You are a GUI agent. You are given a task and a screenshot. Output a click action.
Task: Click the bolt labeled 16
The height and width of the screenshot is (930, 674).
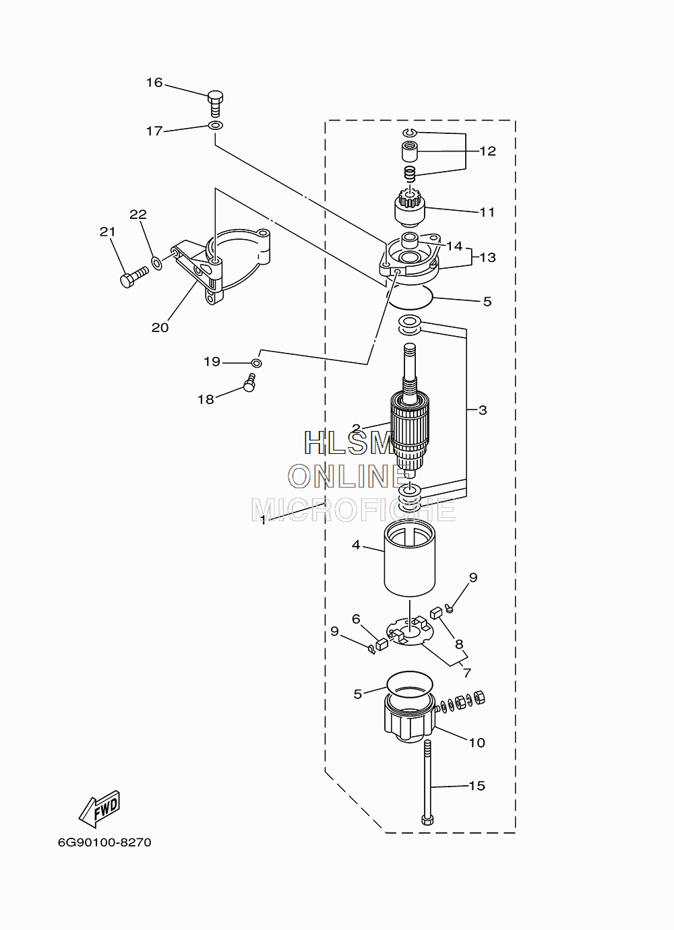click(x=215, y=104)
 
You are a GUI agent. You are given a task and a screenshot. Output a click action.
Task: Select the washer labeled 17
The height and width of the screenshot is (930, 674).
click(x=215, y=125)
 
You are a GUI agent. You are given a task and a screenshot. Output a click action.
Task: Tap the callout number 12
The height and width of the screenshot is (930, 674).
click(x=488, y=151)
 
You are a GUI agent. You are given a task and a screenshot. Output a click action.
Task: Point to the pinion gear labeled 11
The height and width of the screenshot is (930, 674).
click(x=409, y=207)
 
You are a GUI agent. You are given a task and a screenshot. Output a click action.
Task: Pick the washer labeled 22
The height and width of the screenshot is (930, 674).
click(x=156, y=263)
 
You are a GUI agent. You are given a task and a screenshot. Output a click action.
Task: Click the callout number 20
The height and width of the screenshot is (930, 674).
click(x=160, y=327)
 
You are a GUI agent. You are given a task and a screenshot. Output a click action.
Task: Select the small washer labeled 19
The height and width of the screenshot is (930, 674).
click(x=257, y=363)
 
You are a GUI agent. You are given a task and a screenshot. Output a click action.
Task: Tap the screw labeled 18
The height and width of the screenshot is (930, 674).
click(x=249, y=382)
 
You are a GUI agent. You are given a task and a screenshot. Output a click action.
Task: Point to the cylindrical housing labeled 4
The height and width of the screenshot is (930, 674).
click(x=409, y=558)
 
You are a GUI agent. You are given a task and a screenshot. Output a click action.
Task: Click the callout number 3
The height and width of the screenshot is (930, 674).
click(x=483, y=410)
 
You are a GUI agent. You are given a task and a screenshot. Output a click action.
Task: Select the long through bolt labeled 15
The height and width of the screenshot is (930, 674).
click(x=428, y=783)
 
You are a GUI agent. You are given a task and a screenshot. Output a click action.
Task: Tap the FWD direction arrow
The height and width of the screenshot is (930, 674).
click(x=100, y=808)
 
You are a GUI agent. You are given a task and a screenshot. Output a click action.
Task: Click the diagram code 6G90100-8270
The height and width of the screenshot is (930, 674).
click(x=104, y=842)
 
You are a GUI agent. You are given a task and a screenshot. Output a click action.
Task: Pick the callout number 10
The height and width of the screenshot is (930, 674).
click(x=477, y=743)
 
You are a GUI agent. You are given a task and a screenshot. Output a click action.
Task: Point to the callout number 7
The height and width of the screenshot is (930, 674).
click(x=467, y=673)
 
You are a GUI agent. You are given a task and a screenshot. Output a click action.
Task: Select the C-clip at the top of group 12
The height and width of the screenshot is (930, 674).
click(x=409, y=133)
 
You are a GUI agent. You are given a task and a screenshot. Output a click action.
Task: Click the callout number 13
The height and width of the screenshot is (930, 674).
click(x=488, y=257)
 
